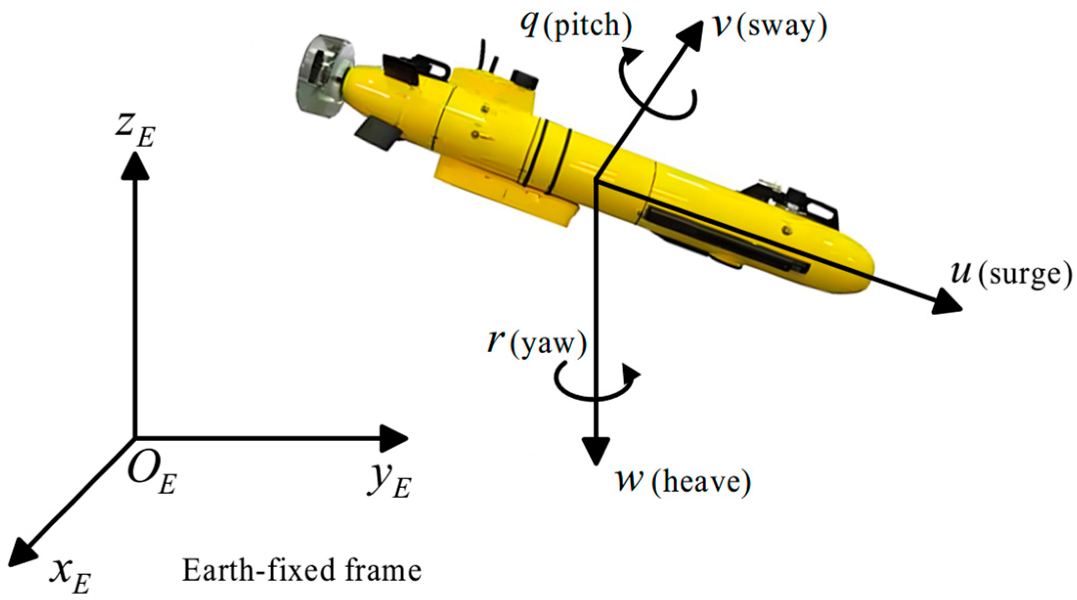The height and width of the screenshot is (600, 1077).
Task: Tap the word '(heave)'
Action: pyautogui.click(x=701, y=482)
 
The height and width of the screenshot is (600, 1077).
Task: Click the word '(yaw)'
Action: pyautogui.click(x=548, y=344)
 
